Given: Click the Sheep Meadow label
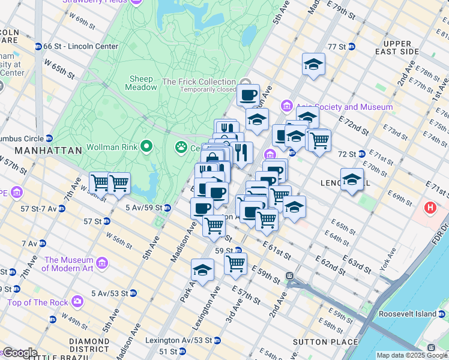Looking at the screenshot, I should pyautogui.click(x=142, y=83).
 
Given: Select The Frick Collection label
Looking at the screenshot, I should pyautogui.click(x=199, y=82).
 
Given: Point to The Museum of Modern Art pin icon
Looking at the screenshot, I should pyautogui.click(x=102, y=263).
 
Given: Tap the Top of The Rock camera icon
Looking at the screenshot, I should pyautogui.click(x=77, y=301).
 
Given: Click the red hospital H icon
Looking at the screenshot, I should pyautogui.click(x=430, y=208).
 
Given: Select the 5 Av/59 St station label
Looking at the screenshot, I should pyautogui.click(x=144, y=208).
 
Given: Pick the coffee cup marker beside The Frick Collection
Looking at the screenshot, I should pyautogui.click(x=247, y=95).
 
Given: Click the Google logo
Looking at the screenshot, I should pyautogui.click(x=19, y=353).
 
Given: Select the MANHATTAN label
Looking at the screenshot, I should pyautogui.click(x=48, y=151).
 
